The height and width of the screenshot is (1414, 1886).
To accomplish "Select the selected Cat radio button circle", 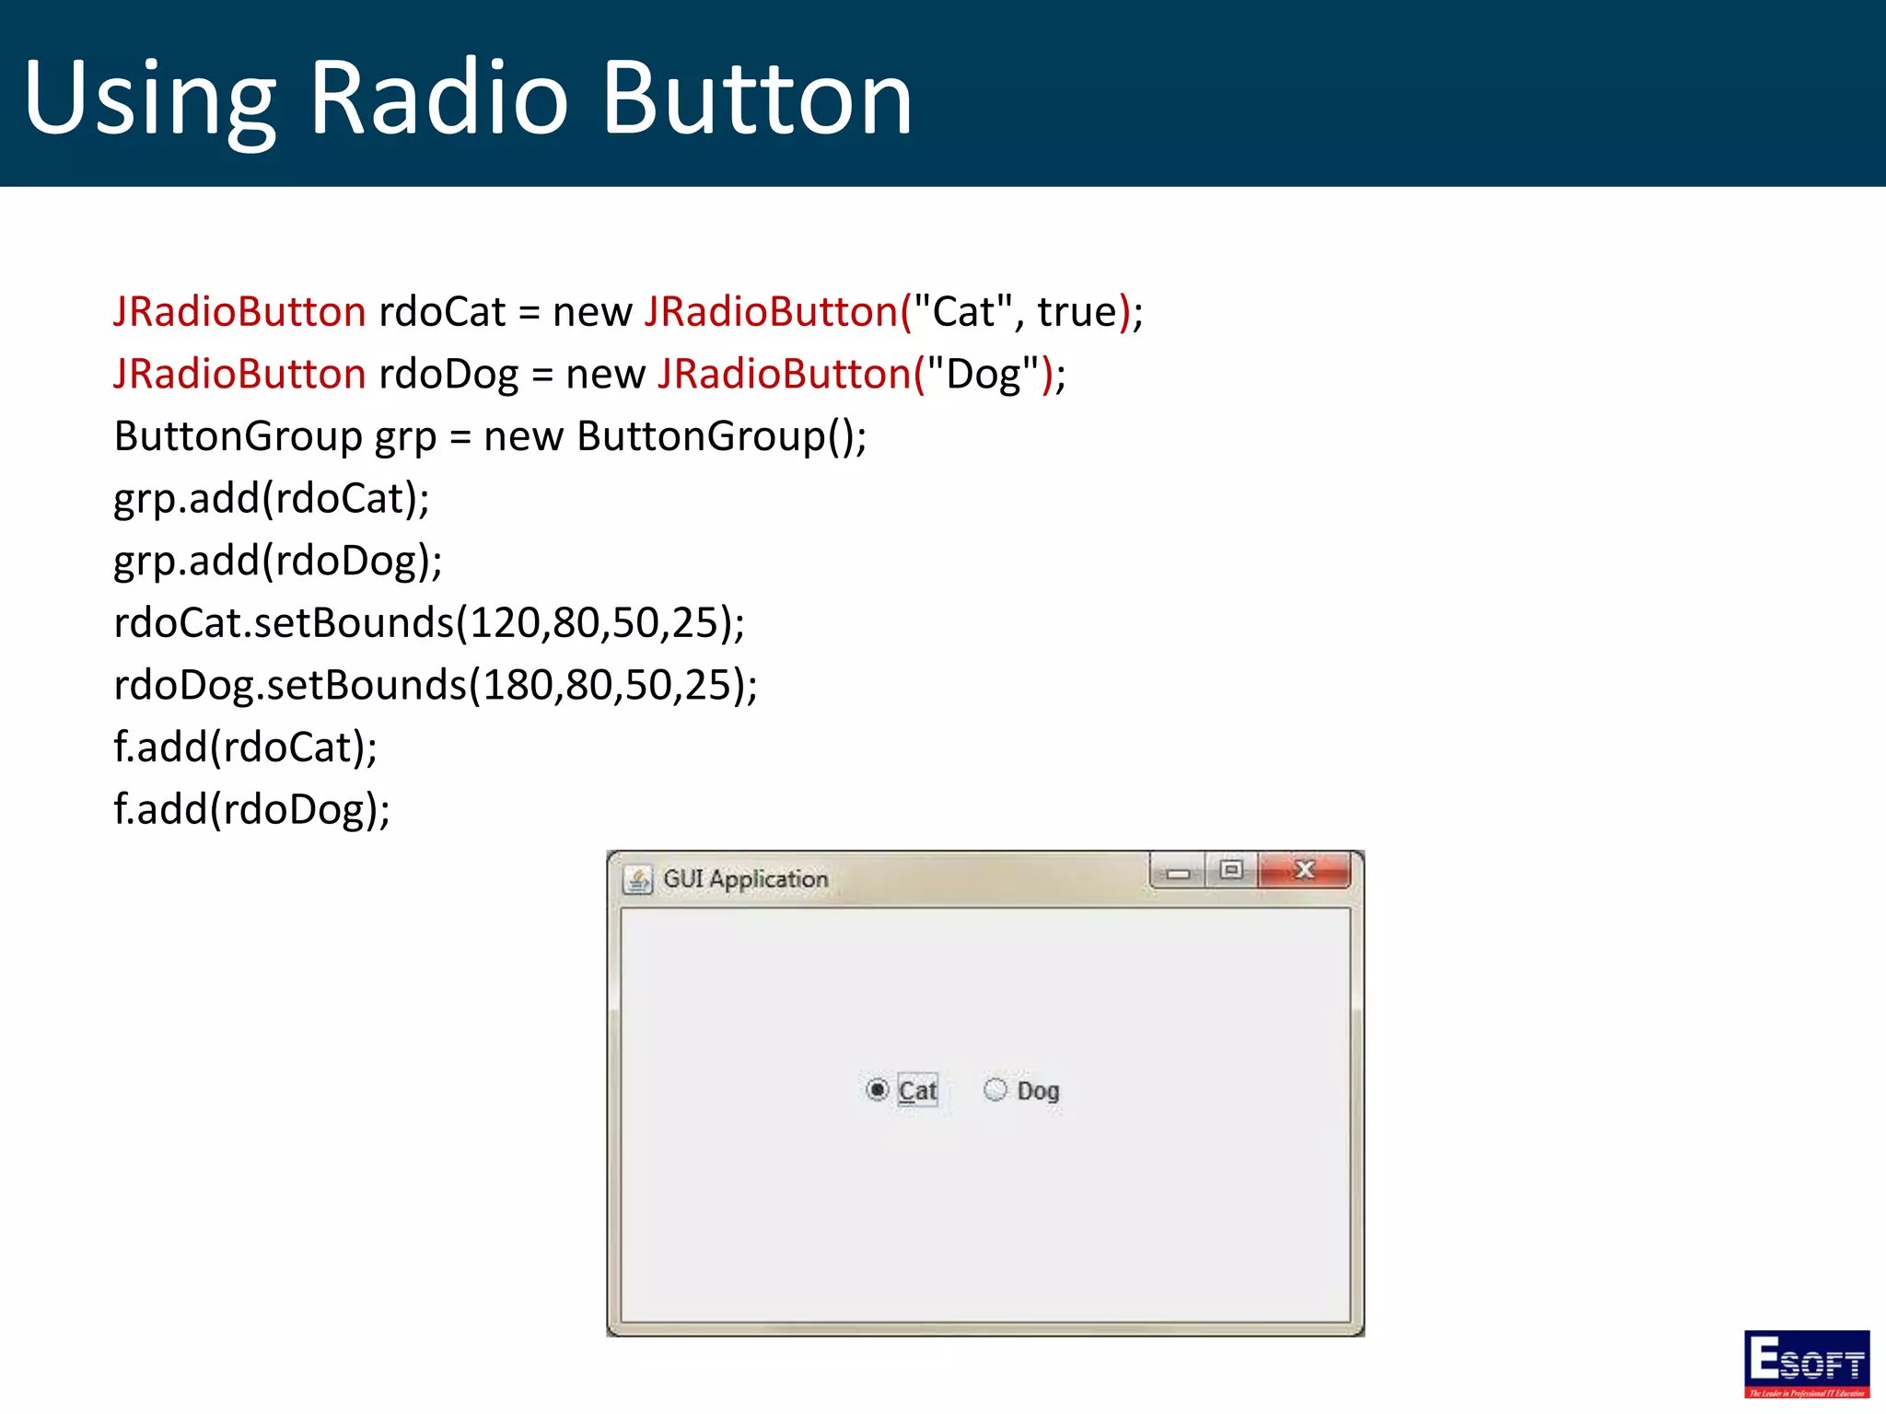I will (x=877, y=1090).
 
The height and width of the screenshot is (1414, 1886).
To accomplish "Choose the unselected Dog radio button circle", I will (x=995, y=1090).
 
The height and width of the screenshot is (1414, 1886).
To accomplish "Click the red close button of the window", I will (x=1304, y=870).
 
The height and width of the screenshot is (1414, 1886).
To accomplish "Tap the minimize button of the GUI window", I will (x=1178, y=872).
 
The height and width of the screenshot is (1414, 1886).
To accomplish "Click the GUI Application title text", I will (x=745, y=879).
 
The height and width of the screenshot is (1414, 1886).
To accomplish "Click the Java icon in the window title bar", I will (x=637, y=879).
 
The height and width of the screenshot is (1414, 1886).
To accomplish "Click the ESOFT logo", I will (x=1806, y=1363).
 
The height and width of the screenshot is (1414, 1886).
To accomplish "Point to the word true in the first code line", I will (x=1077, y=312).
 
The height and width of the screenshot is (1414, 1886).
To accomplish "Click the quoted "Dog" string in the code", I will (x=983, y=375).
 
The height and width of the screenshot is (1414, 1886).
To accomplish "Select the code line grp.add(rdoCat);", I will (x=272, y=499).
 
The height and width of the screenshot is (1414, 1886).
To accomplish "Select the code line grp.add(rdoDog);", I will (x=277, y=561).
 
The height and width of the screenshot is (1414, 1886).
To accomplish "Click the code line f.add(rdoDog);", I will (x=251, y=810).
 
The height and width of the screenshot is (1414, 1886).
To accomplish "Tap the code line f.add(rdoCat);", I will (x=245, y=748).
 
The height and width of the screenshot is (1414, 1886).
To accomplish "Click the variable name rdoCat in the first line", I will (x=442, y=312).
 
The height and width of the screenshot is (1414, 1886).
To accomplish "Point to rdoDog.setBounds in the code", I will (x=290, y=686).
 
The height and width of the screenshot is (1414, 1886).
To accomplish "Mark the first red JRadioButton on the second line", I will (x=239, y=375).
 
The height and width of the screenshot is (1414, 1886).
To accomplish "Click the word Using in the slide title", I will (x=149, y=99).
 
